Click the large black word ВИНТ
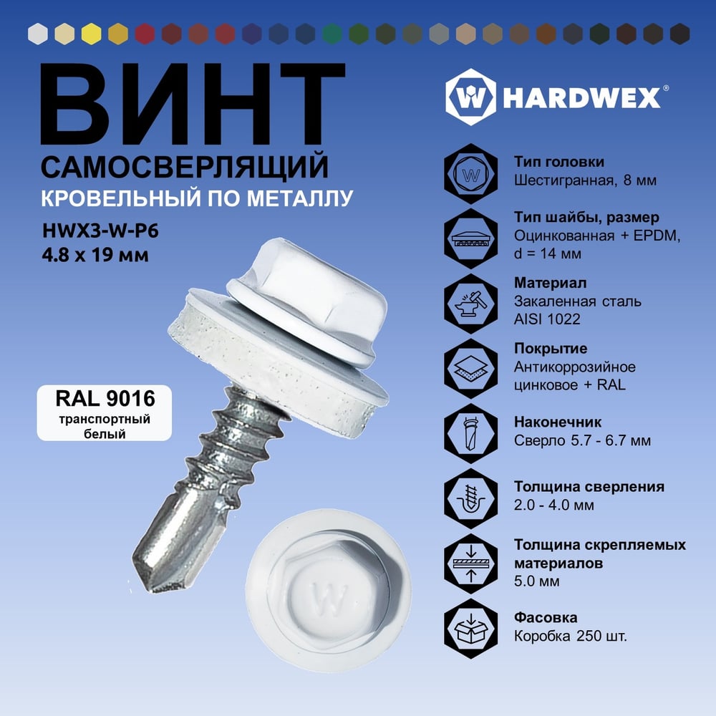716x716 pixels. pos(193,104)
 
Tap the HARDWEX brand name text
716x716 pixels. pos(582,97)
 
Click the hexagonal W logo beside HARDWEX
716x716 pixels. pos(470,97)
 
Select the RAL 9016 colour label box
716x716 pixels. pos(104,413)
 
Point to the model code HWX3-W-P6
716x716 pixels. pos(100,231)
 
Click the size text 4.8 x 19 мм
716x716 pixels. pos(95,255)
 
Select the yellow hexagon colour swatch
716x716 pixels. pos(92,34)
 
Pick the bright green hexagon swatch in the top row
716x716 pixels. pos(332,34)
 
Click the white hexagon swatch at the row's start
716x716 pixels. pos(38,34)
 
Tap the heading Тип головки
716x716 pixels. pos(559,162)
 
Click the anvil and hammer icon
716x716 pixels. pos(471,304)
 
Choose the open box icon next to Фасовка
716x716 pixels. pos(471,629)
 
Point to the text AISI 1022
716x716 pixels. pos(547,319)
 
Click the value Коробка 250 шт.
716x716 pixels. pos(571,636)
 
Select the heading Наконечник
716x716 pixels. pos(558,422)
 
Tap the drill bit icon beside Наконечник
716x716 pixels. pos(471,434)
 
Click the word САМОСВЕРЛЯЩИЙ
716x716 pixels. pos(185,167)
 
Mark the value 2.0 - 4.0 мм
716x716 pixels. pos(554,505)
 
